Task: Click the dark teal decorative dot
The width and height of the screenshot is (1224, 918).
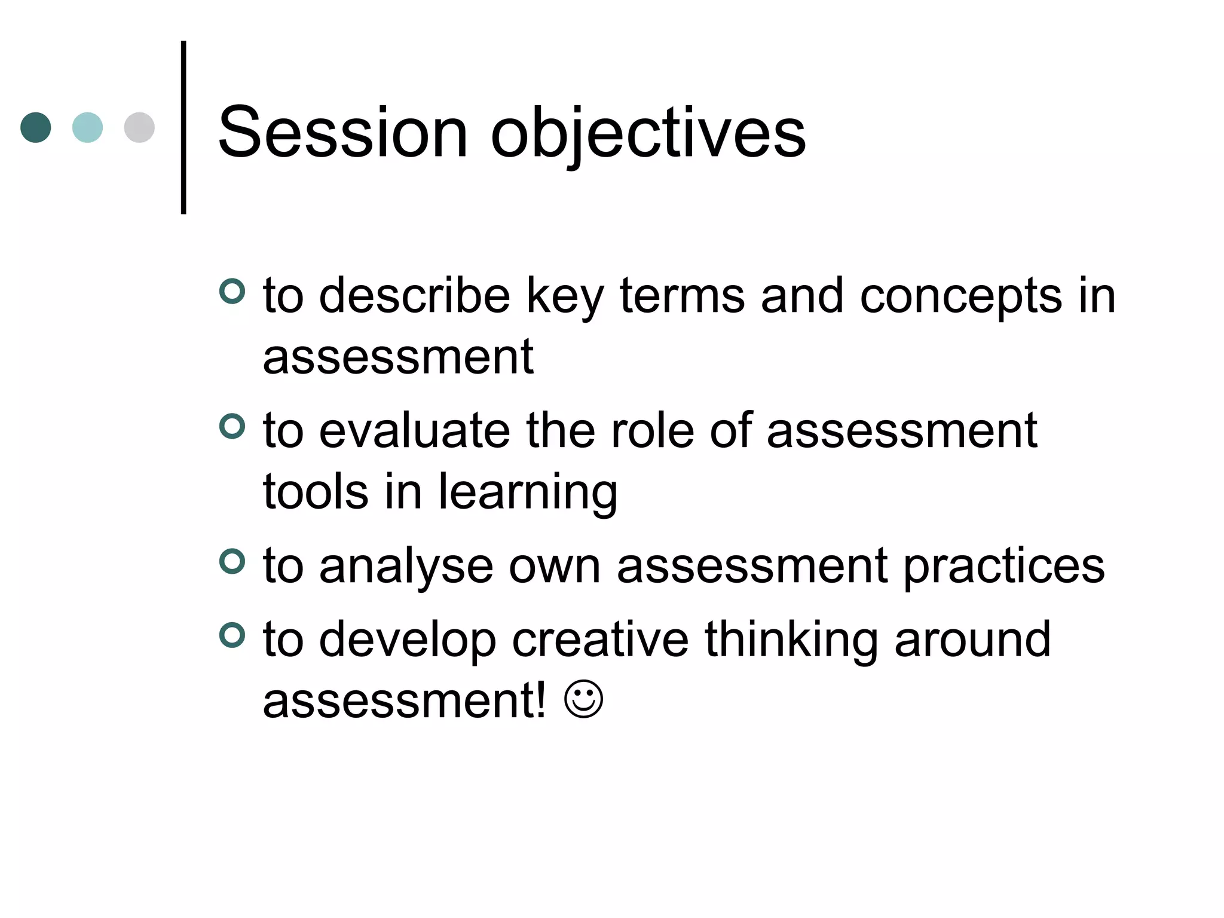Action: [36, 127]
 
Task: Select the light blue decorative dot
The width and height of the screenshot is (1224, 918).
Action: [87, 127]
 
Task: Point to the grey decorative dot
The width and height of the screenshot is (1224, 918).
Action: [139, 127]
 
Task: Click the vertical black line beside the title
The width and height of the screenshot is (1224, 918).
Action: [183, 127]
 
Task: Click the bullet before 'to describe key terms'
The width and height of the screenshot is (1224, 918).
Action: [232, 292]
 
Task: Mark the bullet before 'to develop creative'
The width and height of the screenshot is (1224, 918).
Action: [232, 635]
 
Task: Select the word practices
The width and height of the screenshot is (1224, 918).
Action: [1003, 567]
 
